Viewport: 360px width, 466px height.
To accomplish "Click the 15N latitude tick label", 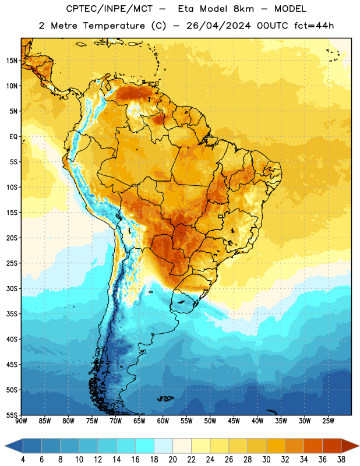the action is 12,61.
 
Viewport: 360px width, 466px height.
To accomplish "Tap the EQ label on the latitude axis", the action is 13,137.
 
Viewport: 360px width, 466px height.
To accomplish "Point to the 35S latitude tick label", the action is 12,314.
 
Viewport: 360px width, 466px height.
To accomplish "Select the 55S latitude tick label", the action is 12,415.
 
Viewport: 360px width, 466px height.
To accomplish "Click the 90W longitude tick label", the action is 21,421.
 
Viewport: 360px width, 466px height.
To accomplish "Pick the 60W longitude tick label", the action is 163,421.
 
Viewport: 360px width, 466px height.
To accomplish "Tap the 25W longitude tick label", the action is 328,421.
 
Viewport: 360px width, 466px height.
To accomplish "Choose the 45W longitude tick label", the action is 234,421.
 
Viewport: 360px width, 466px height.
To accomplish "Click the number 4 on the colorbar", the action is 23,460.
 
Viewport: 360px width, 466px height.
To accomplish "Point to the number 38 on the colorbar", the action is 341,460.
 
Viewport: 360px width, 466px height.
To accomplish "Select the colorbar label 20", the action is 172,460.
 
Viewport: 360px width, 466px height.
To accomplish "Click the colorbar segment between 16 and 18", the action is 145,446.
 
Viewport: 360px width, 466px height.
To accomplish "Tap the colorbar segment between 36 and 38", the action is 332,446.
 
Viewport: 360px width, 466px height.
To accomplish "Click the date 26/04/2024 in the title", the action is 218,26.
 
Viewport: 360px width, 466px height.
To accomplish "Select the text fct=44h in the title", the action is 314,26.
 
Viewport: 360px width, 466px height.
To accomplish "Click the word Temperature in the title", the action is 114,26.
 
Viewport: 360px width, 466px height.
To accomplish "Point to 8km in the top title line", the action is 243,9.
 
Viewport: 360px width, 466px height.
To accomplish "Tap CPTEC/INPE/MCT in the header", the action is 110,9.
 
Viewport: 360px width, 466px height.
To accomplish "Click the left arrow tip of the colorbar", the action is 5,446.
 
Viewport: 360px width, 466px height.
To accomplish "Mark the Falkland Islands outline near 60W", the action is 165,398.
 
